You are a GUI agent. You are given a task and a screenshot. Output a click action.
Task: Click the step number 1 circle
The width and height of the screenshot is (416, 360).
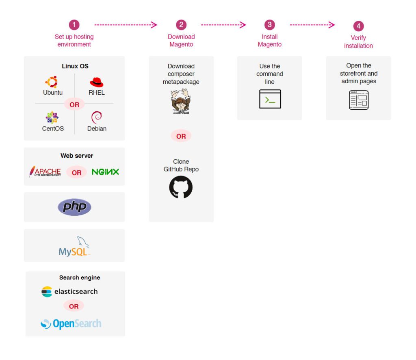[74, 25]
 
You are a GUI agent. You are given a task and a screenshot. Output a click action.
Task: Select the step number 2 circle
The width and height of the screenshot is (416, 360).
[181, 25]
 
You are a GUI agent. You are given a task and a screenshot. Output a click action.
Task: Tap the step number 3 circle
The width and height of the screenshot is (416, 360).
[269, 25]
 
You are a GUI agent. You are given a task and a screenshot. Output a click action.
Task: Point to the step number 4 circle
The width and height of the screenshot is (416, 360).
[358, 26]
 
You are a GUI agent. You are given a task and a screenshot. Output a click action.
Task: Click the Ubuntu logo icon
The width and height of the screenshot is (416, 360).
[52, 82]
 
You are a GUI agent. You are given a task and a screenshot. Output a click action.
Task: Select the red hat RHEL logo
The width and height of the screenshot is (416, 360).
[96, 82]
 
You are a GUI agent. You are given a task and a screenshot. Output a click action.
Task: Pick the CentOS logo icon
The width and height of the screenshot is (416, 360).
[52, 117]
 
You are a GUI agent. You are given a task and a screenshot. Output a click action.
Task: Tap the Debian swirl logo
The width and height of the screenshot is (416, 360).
[97, 117]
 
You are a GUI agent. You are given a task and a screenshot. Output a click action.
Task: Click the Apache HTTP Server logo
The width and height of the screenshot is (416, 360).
[45, 172]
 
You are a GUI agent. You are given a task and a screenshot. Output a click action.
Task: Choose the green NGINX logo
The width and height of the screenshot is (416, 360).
[105, 172]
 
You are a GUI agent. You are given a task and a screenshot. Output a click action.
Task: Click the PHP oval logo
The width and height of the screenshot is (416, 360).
[74, 207]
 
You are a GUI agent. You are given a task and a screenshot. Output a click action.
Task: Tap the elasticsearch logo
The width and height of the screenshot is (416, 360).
[69, 291]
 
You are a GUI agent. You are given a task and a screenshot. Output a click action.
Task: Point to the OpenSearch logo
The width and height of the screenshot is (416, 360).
[71, 324]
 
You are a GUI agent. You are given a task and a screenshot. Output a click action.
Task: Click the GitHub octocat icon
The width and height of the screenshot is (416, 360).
[181, 187]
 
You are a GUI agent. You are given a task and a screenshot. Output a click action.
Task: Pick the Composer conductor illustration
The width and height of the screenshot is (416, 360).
[181, 102]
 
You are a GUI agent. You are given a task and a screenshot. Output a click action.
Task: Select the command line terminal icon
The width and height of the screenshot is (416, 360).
[270, 99]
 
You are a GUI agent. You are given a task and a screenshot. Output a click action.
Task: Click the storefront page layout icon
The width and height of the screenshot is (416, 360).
[358, 100]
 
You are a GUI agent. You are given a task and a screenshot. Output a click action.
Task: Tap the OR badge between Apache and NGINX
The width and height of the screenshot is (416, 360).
[76, 172]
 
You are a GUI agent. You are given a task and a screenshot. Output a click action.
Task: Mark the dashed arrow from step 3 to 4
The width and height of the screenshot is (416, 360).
[312, 25]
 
